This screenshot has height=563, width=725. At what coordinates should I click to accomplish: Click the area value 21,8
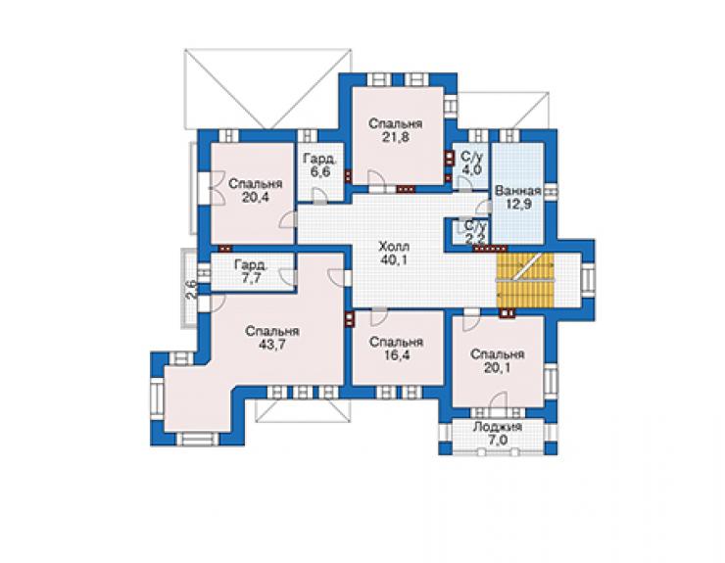click(396, 137)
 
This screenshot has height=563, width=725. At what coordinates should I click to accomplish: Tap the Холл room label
click(394, 247)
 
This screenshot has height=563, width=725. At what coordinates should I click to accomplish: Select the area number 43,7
click(272, 345)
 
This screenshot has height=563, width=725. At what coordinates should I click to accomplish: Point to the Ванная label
click(518, 191)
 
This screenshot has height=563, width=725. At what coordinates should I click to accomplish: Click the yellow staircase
click(525, 280)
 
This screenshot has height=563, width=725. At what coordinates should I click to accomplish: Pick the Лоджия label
click(498, 427)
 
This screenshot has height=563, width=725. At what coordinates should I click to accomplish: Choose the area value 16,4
click(396, 355)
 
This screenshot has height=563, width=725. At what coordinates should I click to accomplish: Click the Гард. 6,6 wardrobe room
click(320, 172)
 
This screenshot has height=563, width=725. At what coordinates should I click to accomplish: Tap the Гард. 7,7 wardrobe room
click(253, 272)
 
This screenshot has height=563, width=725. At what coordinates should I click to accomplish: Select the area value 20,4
click(255, 198)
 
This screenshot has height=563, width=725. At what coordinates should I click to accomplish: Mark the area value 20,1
click(497, 367)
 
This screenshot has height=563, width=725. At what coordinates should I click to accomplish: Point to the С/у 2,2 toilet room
click(470, 233)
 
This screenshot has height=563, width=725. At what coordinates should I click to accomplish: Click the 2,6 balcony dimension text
click(191, 290)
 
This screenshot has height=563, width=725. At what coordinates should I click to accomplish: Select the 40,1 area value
click(394, 259)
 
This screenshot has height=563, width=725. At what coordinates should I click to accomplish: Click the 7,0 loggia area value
click(497, 440)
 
